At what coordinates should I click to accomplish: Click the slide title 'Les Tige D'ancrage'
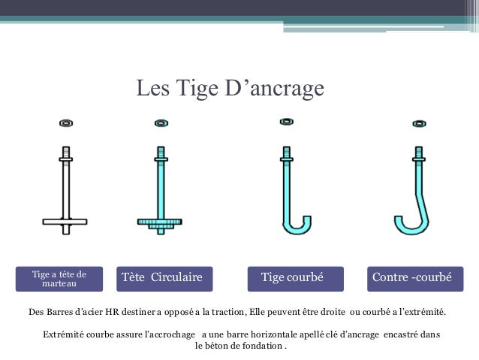(230, 89)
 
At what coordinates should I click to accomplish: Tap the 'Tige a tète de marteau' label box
(59, 279)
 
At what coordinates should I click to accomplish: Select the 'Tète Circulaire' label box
(164, 279)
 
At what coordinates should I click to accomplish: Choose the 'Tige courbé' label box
(295, 279)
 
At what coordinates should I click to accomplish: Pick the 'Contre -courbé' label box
(415, 279)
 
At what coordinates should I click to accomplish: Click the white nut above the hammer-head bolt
(66, 123)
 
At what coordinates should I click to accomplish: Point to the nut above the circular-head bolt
(161, 123)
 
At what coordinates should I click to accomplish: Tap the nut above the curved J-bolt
(287, 122)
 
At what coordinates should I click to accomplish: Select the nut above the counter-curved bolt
(419, 123)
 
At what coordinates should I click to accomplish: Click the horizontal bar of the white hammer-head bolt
(65, 222)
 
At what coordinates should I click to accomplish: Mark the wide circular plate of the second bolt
(160, 222)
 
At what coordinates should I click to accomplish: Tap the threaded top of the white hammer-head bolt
(66, 152)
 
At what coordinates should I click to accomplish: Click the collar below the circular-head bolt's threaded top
(161, 159)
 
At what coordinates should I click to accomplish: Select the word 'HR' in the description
(112, 312)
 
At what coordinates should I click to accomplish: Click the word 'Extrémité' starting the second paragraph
(63, 334)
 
